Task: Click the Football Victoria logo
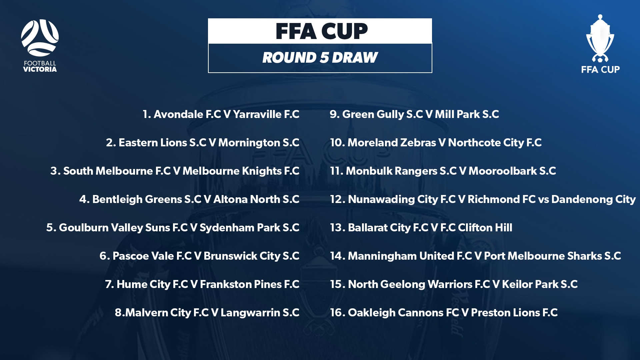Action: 40,46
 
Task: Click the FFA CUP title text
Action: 322,31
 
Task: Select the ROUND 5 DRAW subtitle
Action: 320,57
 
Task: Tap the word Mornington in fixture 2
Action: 249,143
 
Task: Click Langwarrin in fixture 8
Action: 250,313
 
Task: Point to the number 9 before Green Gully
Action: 335,114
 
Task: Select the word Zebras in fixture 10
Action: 418,143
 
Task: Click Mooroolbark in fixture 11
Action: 503,171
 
